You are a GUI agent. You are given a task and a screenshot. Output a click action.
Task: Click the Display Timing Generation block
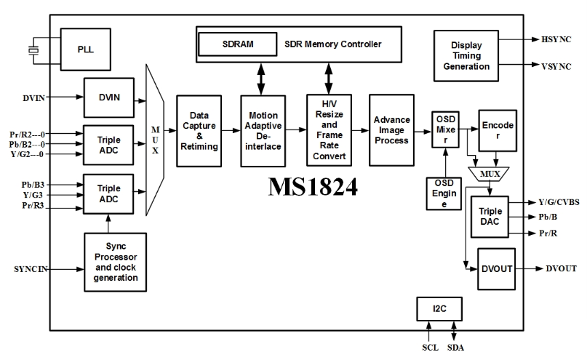point(466,55)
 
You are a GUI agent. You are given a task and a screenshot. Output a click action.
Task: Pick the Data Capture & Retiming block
point(199,130)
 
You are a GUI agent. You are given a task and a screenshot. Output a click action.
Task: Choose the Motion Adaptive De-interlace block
point(263,130)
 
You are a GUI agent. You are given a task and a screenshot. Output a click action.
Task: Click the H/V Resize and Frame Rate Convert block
point(328,130)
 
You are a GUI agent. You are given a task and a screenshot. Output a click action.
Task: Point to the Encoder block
point(497,129)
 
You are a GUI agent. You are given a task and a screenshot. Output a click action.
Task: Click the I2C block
point(439,309)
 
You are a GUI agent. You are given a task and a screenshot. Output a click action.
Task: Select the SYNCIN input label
point(31,269)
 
